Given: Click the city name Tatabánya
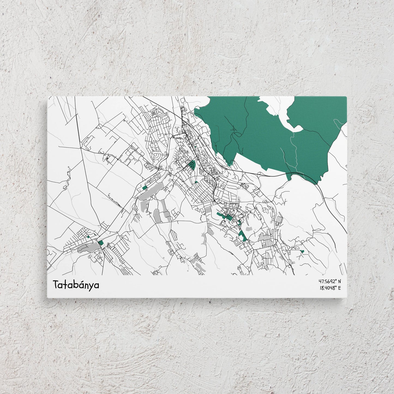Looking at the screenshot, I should click(76, 285).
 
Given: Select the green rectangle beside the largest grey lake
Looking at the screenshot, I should click(145, 188).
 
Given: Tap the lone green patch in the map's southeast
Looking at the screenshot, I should click(302, 251).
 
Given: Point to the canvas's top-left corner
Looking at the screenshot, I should click(48, 97).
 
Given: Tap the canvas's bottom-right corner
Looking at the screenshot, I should click(347, 298).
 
